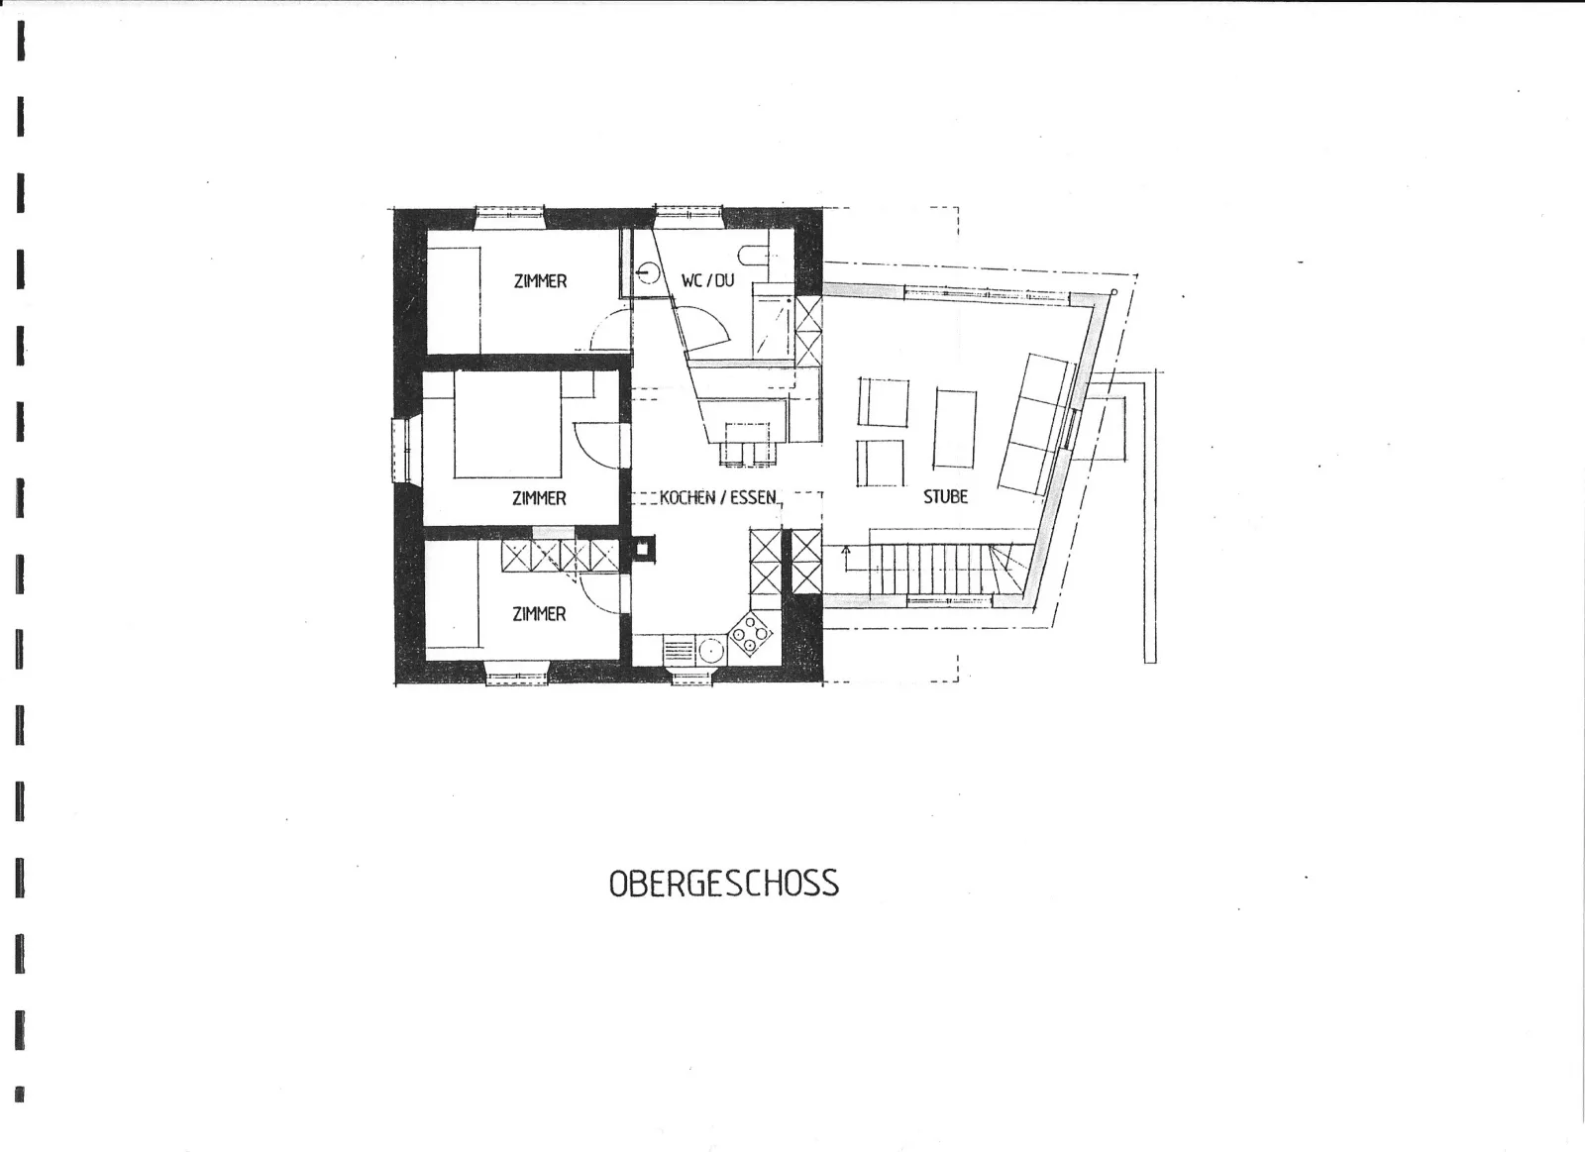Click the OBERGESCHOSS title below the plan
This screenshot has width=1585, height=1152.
[x=724, y=884]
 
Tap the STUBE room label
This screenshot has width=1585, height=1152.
[x=945, y=496]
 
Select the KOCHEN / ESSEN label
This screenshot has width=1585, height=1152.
[x=717, y=497]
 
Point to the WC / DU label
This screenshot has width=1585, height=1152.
[x=707, y=280]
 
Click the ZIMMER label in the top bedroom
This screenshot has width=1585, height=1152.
[x=540, y=281]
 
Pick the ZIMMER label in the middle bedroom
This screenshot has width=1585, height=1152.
[x=539, y=499]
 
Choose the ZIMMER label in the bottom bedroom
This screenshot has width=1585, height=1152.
[x=539, y=614]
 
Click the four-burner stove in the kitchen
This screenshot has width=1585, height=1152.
[x=751, y=633]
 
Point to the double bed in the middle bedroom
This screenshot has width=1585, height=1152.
[x=508, y=425]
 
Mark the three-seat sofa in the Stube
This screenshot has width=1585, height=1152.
[x=1036, y=425]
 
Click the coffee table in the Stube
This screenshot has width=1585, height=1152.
[x=955, y=428]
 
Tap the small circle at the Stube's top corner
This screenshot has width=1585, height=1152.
[x=1114, y=291]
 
